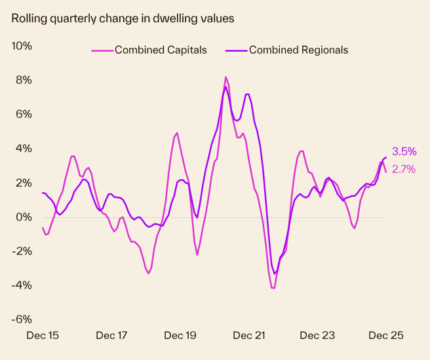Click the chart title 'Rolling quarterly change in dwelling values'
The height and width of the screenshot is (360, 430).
pos(123,18)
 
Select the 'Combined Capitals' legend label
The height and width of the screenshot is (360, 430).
pos(161,50)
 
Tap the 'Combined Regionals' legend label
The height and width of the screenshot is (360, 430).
pos(298,50)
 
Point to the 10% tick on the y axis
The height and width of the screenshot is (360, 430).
pos(22,46)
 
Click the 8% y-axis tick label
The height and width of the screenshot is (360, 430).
pos(24,80)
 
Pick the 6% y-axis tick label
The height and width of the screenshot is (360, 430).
pos(24,114)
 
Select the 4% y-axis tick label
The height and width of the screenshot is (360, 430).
pos(24,148)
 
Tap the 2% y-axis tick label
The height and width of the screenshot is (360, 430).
pos(24,182)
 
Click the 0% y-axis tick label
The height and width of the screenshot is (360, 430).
pos(24,217)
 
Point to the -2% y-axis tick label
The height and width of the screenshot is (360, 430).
pos(22,251)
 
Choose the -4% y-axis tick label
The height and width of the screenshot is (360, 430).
pos(22,285)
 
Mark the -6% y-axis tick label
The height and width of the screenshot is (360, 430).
pos(22,319)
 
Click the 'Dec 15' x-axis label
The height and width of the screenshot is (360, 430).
pos(43,336)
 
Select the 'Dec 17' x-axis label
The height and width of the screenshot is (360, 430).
pos(111,336)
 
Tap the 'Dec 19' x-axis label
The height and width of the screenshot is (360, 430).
pos(180,336)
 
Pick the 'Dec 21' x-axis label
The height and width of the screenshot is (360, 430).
pos(249,336)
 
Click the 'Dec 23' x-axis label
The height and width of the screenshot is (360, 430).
pos(317,336)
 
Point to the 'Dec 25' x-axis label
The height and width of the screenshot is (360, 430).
pos(386,336)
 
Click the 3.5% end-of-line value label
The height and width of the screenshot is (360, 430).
pos(404,151)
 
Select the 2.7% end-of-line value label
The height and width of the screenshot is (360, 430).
pos(404,169)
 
